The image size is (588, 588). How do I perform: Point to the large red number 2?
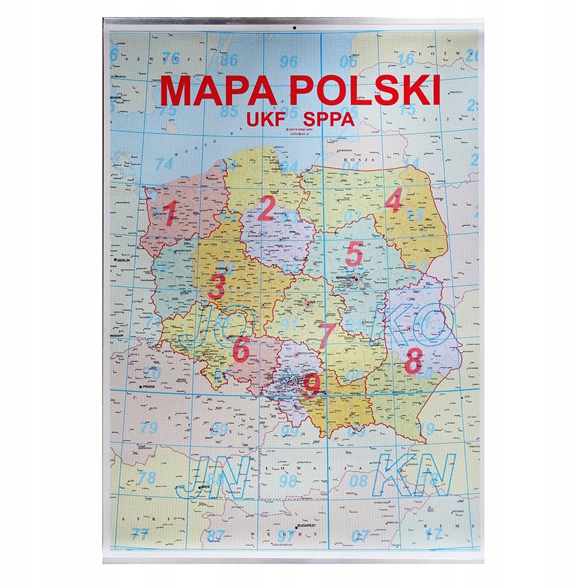click(266, 210)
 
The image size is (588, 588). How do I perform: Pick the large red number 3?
click(217, 286)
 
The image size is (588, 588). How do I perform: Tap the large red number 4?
click(393, 203)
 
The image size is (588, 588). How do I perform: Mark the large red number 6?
click(241, 350)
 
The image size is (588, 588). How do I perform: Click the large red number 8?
click(413, 361)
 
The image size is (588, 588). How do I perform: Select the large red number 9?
click(311, 385)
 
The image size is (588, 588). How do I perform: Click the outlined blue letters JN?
click(214, 475)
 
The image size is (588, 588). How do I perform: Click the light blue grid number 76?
click(171, 57)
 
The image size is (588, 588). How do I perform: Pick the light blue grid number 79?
click(149, 429)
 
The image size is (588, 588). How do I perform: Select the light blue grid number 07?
click(361, 536)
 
